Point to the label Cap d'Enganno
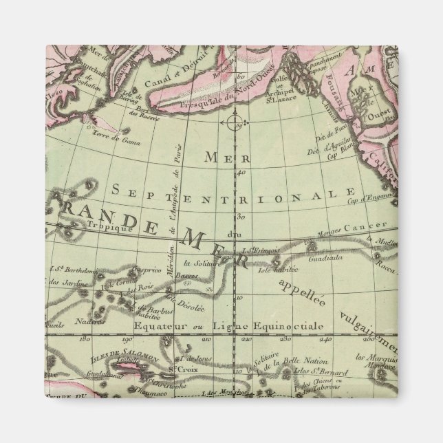coord(370,200)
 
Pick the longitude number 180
coord(87,338)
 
